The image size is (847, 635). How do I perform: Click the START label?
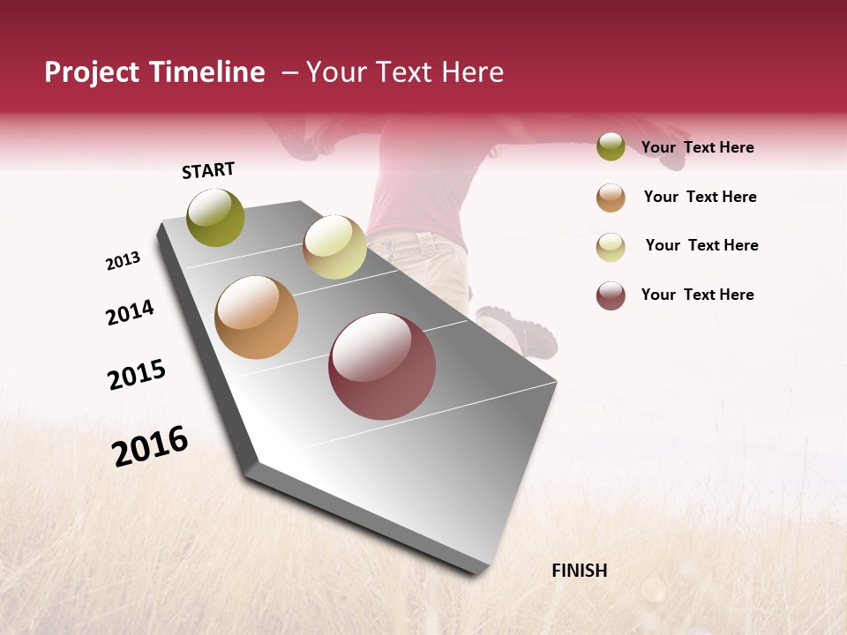click(208, 170)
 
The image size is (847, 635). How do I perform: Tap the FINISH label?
click(580, 571)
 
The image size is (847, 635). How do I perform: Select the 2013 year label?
click(123, 261)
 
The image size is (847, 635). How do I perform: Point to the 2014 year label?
click(130, 312)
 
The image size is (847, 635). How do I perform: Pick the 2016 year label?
click(150, 446)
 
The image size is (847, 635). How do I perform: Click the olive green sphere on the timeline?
click(216, 218)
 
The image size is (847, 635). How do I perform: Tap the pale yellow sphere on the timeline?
click(334, 247)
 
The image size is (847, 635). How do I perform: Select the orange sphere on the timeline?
click(256, 317)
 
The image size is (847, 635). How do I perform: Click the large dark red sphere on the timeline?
click(382, 366)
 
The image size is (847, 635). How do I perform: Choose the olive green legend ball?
click(611, 147)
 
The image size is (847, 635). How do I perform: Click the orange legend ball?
click(611, 198)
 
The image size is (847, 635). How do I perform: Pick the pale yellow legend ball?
click(611, 246)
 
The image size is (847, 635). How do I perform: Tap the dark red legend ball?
click(611, 295)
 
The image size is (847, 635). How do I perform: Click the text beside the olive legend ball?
click(697, 148)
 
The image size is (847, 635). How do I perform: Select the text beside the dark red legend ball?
click(697, 295)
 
